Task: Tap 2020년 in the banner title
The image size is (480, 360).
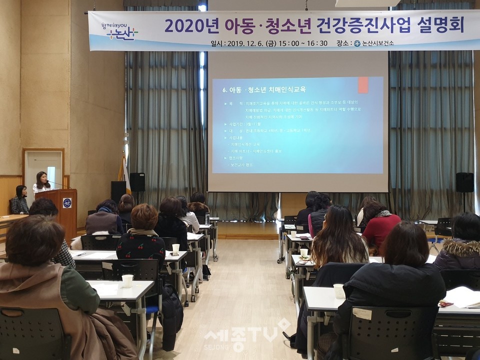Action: (x=186, y=25)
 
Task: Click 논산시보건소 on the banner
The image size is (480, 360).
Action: (x=373, y=43)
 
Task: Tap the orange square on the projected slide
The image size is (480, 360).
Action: (x=363, y=84)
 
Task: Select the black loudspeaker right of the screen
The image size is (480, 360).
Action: (x=464, y=182)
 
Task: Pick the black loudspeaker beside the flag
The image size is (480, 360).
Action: (x=137, y=181)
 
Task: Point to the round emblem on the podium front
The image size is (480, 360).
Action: (x=67, y=202)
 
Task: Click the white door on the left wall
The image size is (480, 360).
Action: (x=44, y=172)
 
